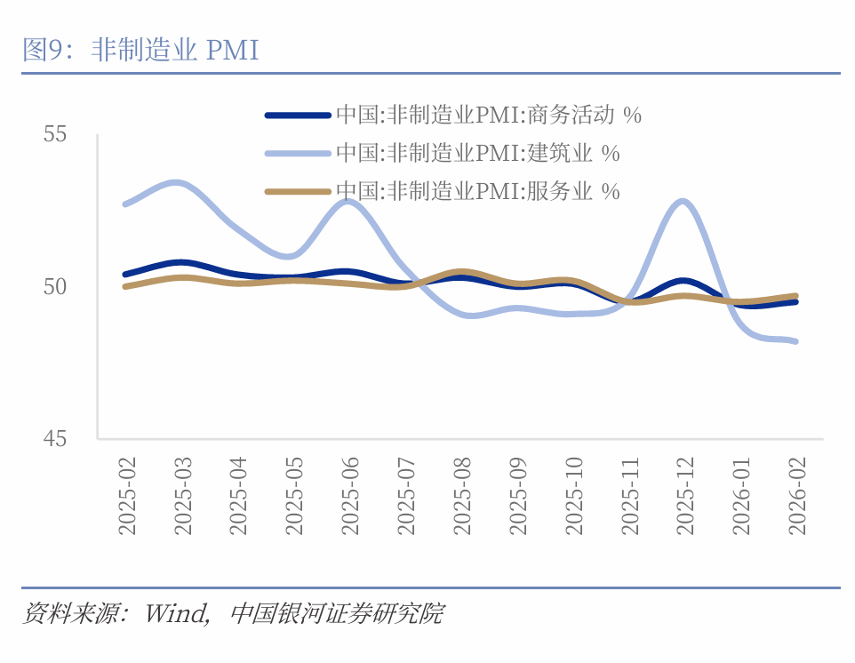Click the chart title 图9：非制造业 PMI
click(x=140, y=51)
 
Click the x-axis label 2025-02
click(x=127, y=496)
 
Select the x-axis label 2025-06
click(x=349, y=496)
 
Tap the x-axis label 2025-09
click(x=516, y=496)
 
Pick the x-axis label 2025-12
click(x=683, y=496)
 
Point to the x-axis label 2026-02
click(x=795, y=496)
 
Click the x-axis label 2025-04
click(x=238, y=496)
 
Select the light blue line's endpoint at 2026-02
click(x=795, y=341)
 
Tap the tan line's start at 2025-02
click(x=125, y=286)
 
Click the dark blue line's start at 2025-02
click(x=125, y=275)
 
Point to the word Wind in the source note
click(x=176, y=614)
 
